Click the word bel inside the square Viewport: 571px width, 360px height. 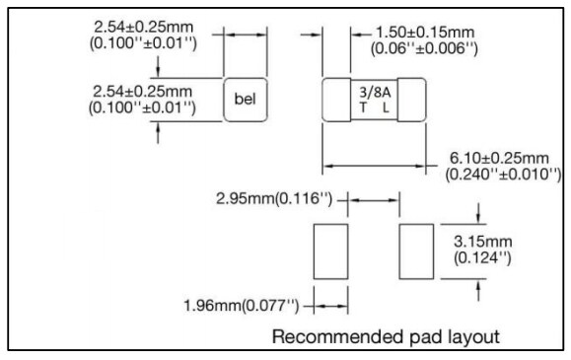(x=247, y=99)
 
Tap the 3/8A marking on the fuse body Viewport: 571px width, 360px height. (x=374, y=91)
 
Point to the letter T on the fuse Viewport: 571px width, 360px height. (x=363, y=107)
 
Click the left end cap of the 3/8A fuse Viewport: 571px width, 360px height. (x=335, y=99)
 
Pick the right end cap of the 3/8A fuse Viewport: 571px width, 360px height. (x=416, y=99)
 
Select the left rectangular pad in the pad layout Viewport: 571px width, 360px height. (x=330, y=252)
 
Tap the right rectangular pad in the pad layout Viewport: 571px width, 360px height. (x=414, y=252)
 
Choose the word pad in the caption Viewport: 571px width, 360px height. (x=425, y=335)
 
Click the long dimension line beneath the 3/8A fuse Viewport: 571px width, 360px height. (x=375, y=166)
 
